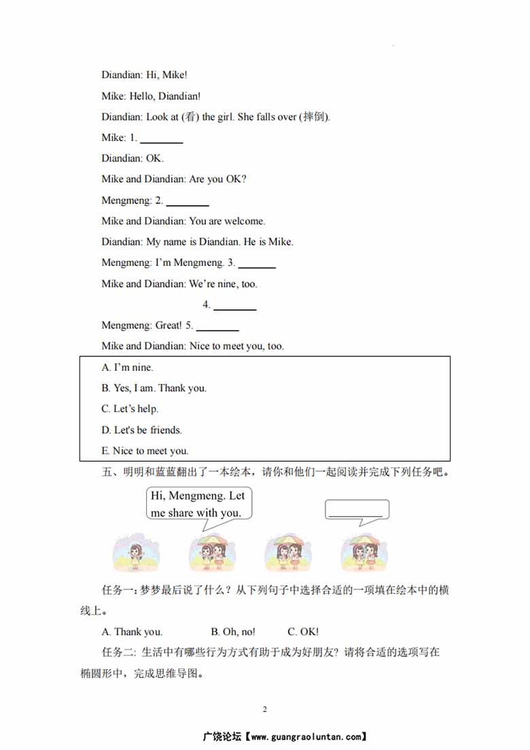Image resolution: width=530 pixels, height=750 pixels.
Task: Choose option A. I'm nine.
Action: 128,367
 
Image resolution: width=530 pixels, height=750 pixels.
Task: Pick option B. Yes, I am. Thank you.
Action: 154,388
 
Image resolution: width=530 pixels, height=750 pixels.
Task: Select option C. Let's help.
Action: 130,409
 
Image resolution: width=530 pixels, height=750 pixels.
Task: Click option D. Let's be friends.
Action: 142,430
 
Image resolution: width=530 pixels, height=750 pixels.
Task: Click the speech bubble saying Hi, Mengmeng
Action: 198,504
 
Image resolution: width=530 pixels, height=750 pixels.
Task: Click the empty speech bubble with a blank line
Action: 357,511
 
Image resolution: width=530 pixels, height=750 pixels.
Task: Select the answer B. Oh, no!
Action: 233,632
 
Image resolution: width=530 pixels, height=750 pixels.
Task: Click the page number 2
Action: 265,709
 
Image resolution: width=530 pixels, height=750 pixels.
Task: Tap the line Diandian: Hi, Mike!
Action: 144,75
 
